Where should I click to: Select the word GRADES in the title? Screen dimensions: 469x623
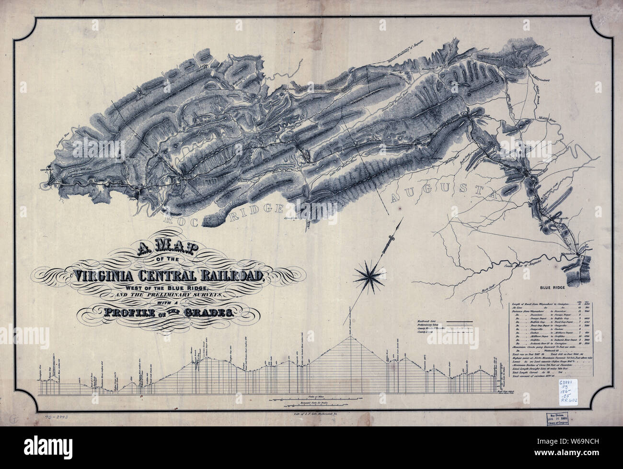(206, 313)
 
